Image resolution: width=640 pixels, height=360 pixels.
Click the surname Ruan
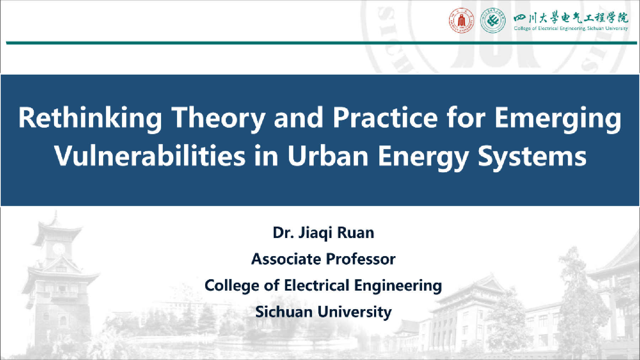tap(356, 233)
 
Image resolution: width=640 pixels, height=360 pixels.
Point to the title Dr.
tap(283, 233)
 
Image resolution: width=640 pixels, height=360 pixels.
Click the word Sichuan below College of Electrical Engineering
tap(284, 312)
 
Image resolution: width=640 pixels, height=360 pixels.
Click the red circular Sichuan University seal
tap(461, 20)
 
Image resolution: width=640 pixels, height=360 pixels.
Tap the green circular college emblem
tap(493, 20)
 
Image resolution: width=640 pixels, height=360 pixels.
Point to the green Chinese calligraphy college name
tap(571, 17)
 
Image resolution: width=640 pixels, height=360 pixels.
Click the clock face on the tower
tap(59, 248)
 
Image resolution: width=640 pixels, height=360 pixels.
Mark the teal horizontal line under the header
tap(321, 43)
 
